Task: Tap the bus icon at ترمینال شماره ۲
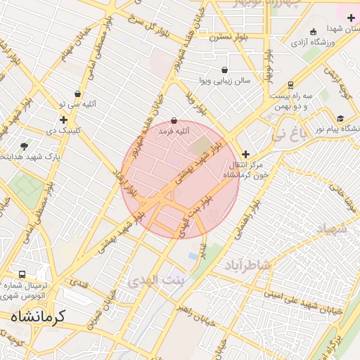22,275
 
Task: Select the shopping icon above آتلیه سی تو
77,94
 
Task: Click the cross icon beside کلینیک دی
63,120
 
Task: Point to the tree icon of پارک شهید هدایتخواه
25,146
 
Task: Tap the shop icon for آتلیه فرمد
174,121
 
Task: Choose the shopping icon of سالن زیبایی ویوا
224,70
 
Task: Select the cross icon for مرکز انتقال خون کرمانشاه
245,154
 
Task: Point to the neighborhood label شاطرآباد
247,265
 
